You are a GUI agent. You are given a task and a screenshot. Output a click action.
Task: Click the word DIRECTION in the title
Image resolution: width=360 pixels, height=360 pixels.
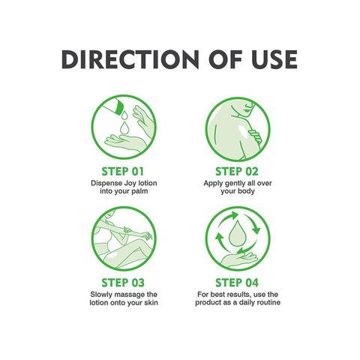pos(130,59)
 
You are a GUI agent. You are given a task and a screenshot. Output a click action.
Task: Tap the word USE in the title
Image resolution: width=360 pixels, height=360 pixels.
pos(274,59)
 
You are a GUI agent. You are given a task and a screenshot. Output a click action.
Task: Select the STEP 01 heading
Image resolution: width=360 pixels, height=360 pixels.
pos(123,172)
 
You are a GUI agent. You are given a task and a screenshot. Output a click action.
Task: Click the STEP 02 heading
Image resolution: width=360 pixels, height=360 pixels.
pos(237,172)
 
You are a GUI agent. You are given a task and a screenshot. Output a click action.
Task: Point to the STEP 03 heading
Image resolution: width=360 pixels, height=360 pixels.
pos(123,283)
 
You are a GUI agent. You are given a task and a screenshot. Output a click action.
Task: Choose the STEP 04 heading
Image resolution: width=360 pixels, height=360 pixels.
pos(237,283)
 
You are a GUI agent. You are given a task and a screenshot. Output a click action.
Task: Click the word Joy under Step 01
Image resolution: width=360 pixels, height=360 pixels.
pos(130,183)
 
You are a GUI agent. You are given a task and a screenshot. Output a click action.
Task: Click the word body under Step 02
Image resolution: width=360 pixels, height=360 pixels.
pos(246,191)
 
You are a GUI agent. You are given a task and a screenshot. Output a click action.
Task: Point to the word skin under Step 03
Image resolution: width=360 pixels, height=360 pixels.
pos(151,302)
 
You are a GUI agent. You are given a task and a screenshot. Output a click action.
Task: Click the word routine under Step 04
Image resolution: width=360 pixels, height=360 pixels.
pos(267,302)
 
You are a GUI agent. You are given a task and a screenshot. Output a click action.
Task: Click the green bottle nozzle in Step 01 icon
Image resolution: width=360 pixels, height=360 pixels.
pos(118,106)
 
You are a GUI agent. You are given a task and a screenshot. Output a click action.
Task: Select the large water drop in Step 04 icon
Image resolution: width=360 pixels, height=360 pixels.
pos(236,233)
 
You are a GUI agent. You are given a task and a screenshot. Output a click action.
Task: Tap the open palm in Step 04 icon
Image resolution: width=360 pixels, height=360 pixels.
pos(238,259)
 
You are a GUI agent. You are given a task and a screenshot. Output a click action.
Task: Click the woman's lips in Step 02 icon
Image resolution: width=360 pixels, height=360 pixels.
pos(247,109)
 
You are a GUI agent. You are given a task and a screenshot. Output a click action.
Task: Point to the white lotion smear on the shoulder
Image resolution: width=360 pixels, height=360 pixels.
pos(243,130)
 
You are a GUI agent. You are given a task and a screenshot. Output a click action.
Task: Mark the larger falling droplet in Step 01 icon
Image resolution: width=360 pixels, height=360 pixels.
pos(124,127)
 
